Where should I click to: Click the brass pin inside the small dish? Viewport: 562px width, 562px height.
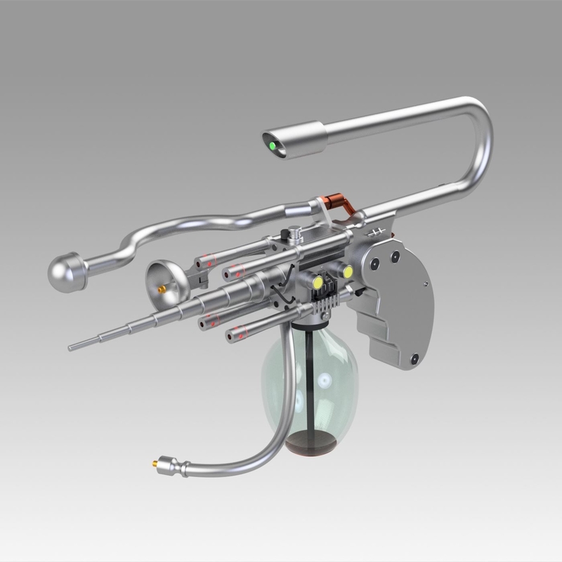pyautogui.click(x=164, y=288)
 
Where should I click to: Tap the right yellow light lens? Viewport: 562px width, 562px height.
pyautogui.click(x=346, y=272)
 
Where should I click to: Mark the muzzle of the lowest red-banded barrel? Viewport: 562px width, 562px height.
pyautogui.click(x=230, y=337)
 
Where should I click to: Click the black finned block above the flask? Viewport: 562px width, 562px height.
pyautogui.click(x=324, y=307)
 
